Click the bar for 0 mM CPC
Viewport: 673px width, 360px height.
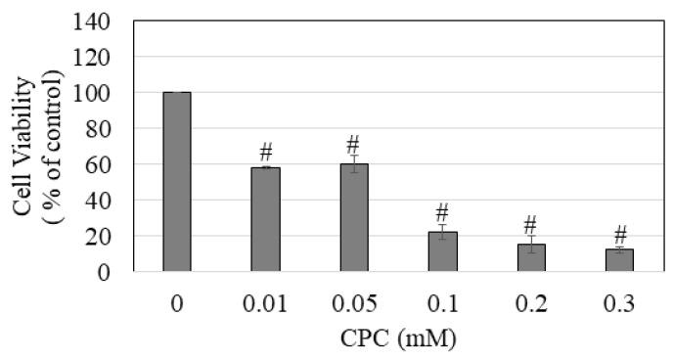coord(177,182)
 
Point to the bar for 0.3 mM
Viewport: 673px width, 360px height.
coord(619,261)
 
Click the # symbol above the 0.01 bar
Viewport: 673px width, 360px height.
coord(265,153)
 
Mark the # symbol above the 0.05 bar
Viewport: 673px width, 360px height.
coord(354,146)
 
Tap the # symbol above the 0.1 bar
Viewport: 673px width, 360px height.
coord(442,212)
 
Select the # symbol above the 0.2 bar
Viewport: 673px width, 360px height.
coord(531,224)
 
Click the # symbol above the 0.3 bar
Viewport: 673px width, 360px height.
coord(619,235)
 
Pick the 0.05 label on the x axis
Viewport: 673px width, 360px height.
coord(354,305)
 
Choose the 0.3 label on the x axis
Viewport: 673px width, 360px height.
coord(619,305)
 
